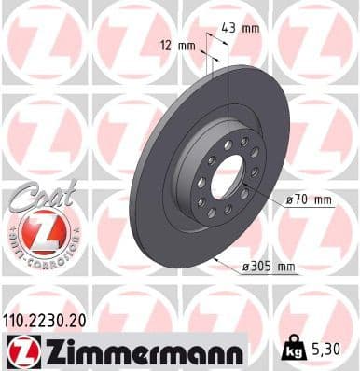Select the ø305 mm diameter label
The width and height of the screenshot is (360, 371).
click(270, 268)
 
